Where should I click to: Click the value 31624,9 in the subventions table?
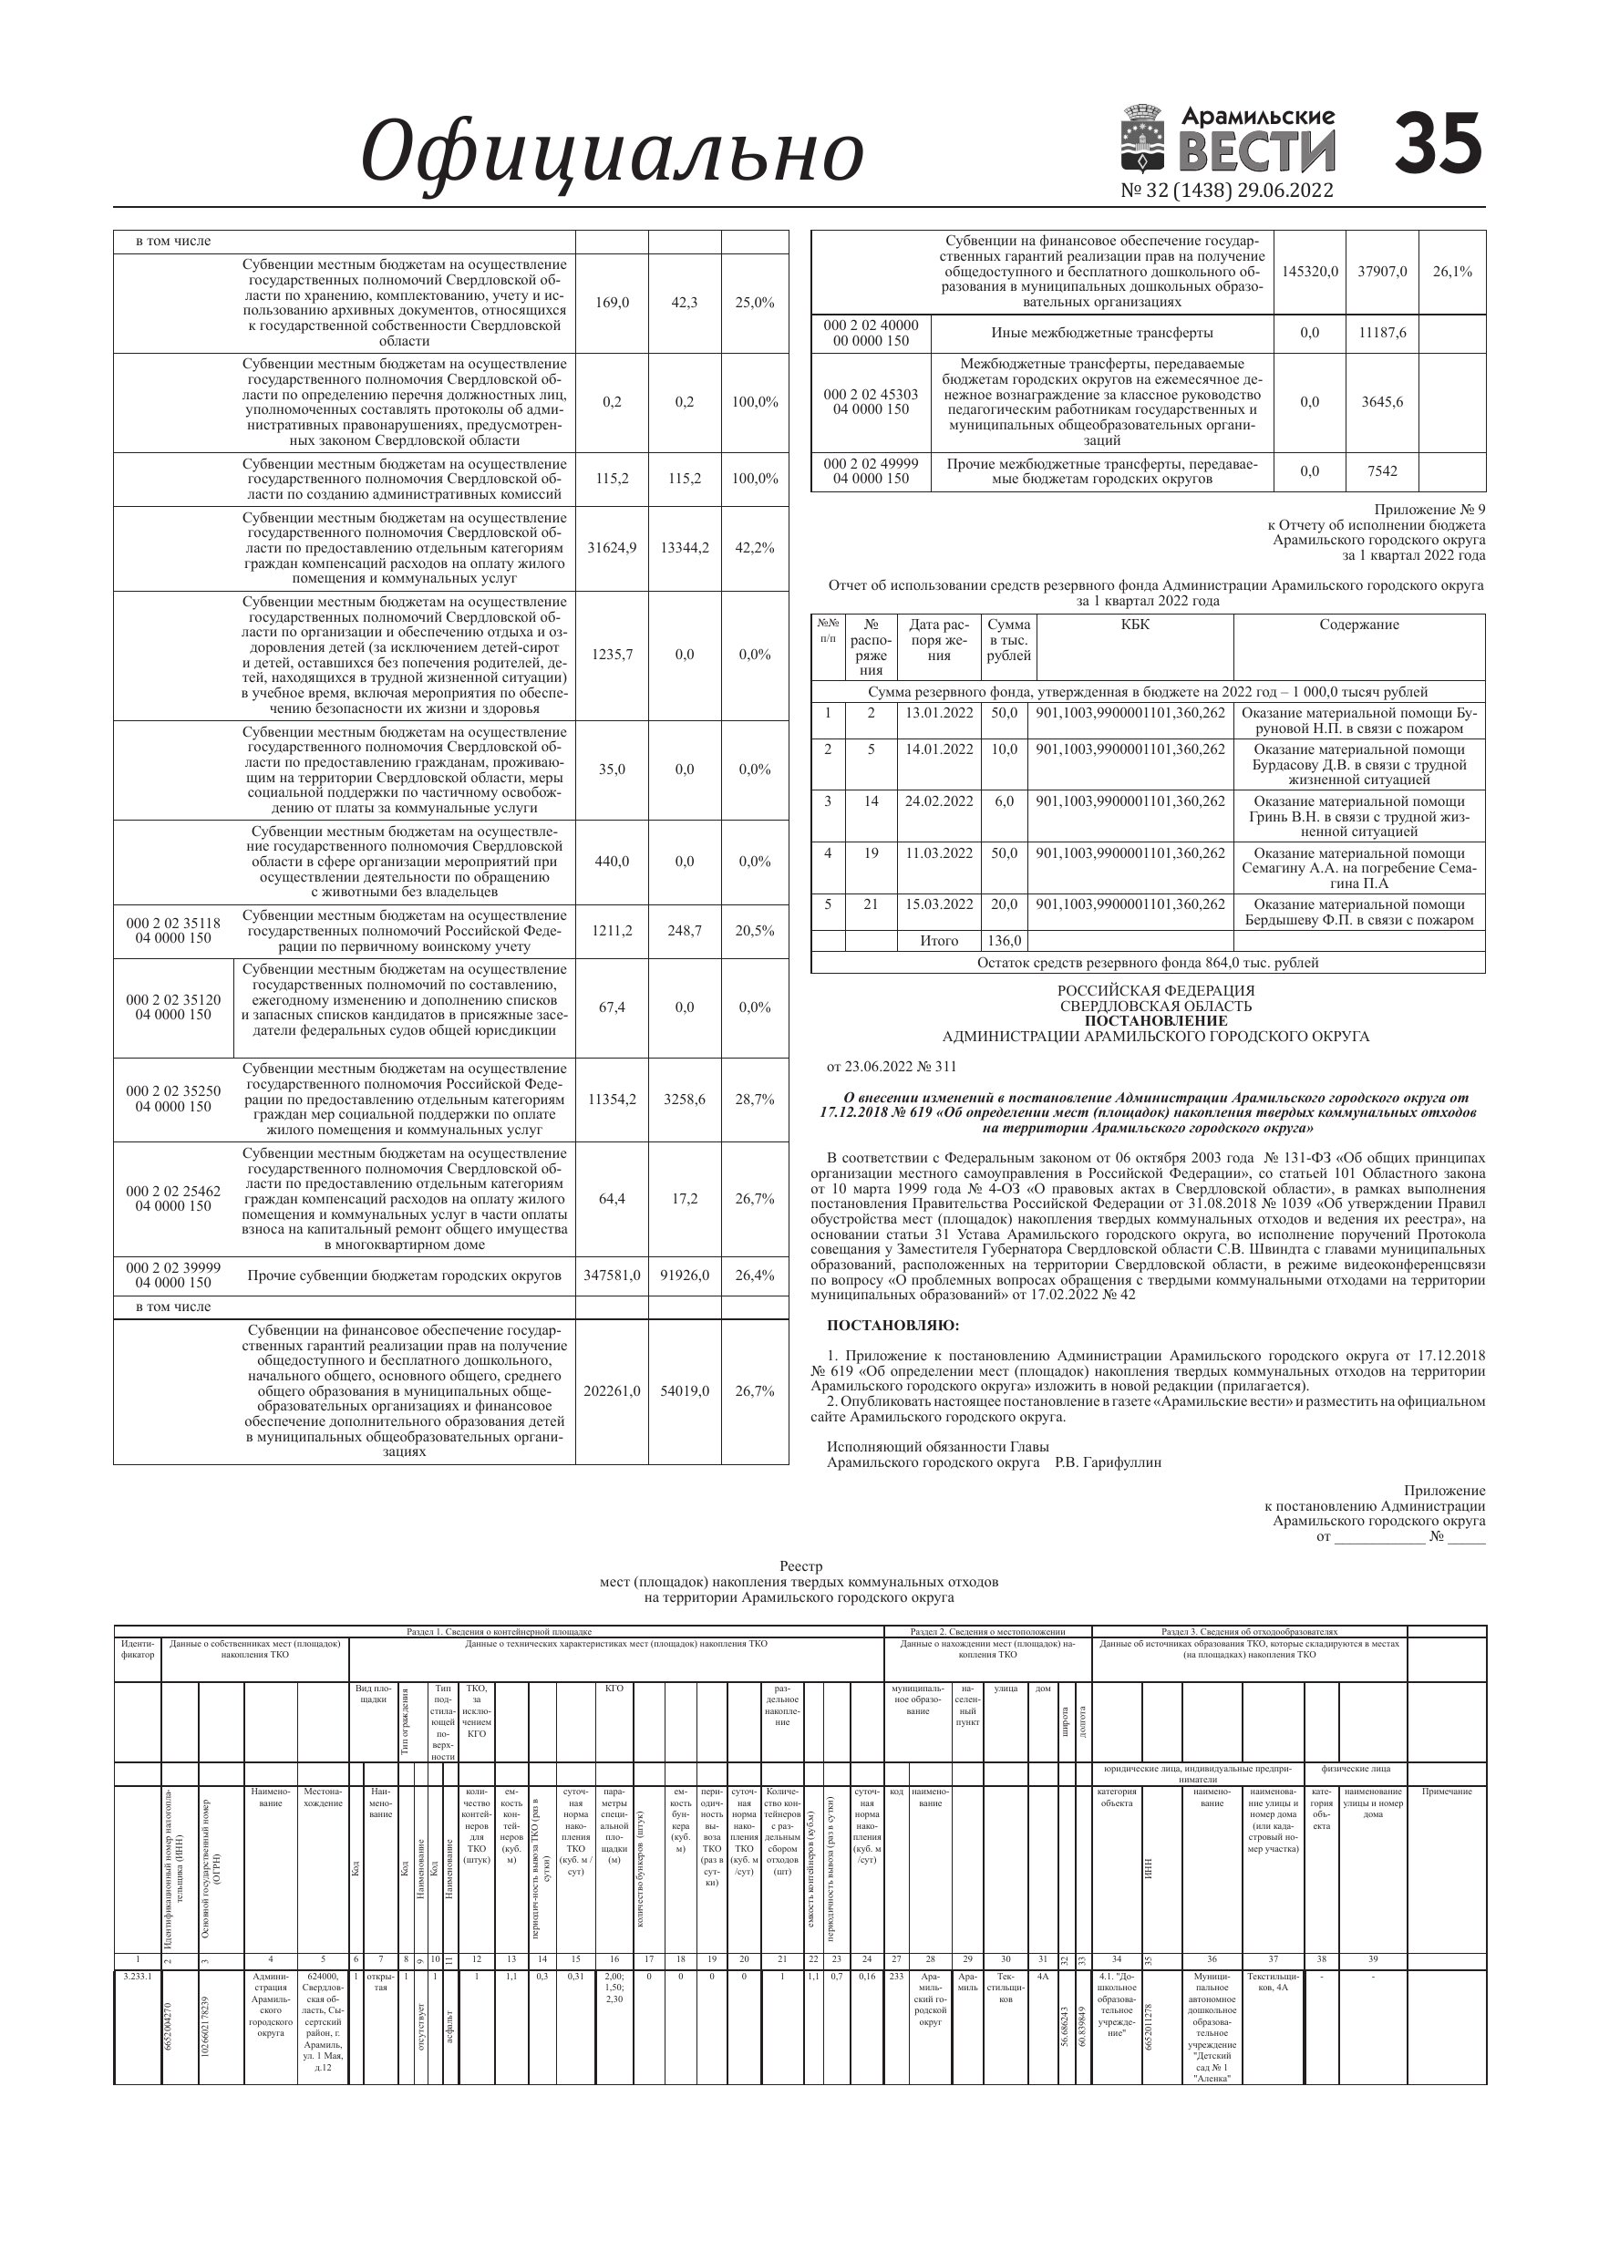(612, 548)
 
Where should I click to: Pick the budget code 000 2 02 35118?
(173, 923)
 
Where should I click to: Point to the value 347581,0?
(612, 1275)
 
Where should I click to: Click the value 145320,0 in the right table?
(1309, 271)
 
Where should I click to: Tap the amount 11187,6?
(1382, 333)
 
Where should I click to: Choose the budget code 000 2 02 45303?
(871, 394)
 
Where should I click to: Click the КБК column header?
(1134, 625)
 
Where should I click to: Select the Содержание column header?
(1358, 625)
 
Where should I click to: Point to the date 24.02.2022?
(939, 801)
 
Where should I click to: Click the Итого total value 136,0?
(1004, 941)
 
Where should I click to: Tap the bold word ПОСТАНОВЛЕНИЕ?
(1156, 1020)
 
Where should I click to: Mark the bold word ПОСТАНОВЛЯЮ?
(892, 1325)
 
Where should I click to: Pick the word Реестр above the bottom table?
(800, 1565)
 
